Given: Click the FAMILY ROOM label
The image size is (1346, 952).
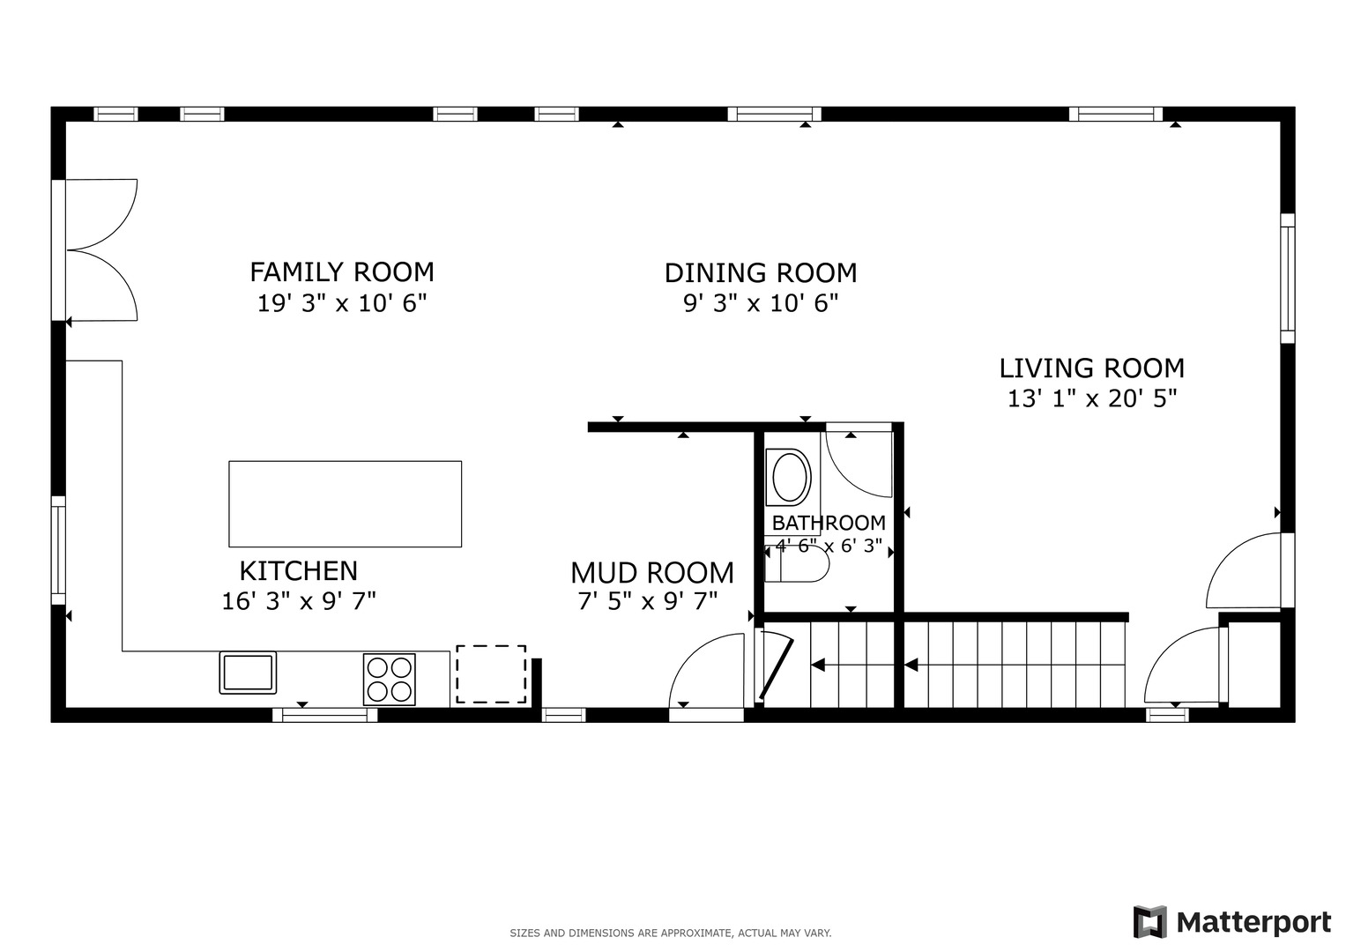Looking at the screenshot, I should (x=342, y=271).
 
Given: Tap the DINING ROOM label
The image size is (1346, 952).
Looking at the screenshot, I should (x=760, y=273).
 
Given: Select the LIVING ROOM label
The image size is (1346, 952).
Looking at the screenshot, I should (x=1091, y=368).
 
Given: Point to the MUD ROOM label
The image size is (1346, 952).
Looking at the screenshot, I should (x=651, y=573).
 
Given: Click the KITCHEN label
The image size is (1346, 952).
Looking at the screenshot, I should (x=299, y=571).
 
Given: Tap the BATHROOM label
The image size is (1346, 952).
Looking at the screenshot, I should (x=829, y=523).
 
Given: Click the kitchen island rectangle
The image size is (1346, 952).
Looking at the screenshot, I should (x=345, y=503).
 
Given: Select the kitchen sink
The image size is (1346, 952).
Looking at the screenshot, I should (x=248, y=673).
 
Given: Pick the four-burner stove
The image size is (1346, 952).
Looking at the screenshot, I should (x=389, y=679).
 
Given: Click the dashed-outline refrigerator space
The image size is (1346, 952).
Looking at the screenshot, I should (x=491, y=674).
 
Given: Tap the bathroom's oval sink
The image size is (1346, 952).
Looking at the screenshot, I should (x=791, y=476).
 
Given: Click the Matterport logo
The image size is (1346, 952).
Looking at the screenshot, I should (x=1231, y=922).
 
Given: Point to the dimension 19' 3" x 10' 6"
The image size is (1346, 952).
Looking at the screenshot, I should (x=342, y=304).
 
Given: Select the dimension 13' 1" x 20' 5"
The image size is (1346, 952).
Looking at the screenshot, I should (x=1092, y=398).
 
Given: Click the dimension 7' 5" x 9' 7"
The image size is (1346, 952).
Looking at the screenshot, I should (x=648, y=601).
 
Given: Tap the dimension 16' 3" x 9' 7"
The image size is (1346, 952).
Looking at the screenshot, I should (x=299, y=601).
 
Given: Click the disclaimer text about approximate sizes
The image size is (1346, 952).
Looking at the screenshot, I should (x=670, y=933).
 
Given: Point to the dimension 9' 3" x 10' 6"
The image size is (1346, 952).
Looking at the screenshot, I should (x=760, y=304).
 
